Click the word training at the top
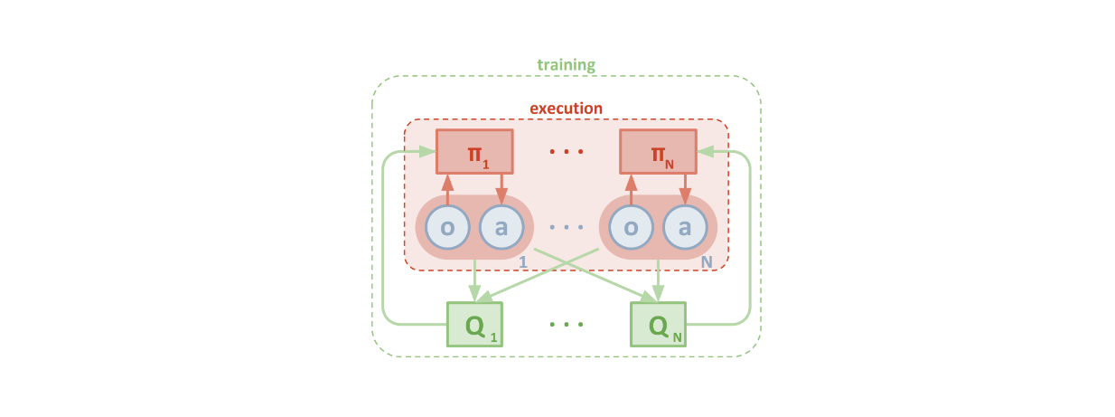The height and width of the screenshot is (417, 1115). click(x=566, y=65)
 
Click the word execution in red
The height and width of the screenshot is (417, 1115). click(x=566, y=109)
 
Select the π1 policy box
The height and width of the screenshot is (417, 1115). click(x=474, y=151)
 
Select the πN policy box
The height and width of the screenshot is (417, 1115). click(x=658, y=151)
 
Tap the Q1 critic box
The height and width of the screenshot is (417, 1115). click(x=474, y=324)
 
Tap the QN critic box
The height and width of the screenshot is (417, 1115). click(x=658, y=324)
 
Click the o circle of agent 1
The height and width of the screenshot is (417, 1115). click(x=447, y=227)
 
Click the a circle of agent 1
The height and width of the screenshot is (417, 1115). click(x=501, y=227)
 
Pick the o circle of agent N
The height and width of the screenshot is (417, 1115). click(x=631, y=227)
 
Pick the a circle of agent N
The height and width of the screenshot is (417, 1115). click(x=685, y=227)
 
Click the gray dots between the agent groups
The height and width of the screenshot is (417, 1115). click(x=567, y=228)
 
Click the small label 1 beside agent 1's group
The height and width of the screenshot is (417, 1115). click(x=522, y=261)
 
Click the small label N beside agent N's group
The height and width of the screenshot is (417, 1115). click(x=707, y=261)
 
